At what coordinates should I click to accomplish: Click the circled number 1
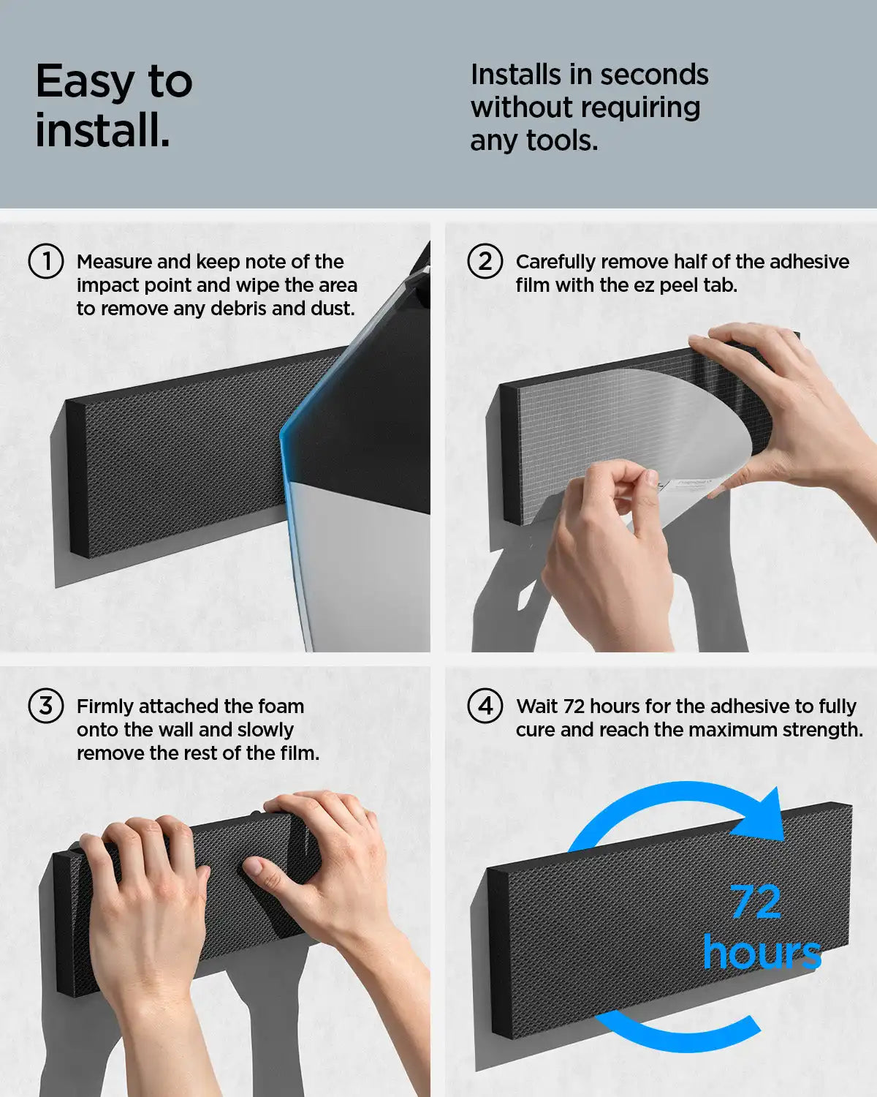coord(46,262)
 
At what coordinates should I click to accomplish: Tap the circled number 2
coord(485,262)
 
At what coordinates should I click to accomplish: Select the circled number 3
coord(46,706)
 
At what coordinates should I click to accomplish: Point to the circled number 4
coord(485,706)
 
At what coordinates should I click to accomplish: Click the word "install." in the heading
coord(102,130)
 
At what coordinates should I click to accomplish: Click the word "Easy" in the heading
coord(85,83)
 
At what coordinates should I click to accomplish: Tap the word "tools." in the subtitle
coord(562,140)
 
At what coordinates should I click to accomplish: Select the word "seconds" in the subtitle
coord(654,75)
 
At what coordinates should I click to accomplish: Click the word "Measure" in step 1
coord(114,262)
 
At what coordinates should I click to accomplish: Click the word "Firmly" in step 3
coord(105,707)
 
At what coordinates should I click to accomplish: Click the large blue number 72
coord(756,902)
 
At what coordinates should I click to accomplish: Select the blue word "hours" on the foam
coord(762,952)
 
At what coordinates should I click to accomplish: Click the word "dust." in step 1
coord(333,309)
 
